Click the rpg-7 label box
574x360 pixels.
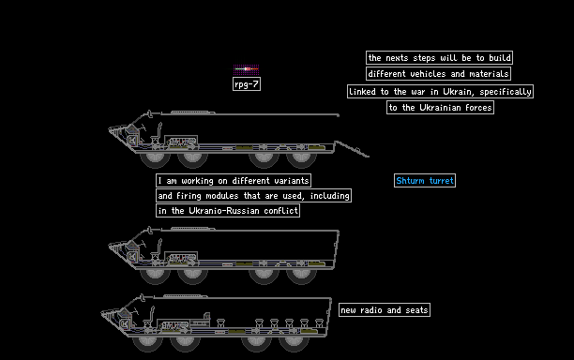pos(247,84)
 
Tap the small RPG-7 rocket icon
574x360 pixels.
pos(247,68)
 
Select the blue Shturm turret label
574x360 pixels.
pos(425,180)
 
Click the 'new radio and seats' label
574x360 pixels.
pos(385,310)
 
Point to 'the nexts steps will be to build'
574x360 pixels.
pos(439,58)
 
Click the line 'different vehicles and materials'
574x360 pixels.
pos(438,73)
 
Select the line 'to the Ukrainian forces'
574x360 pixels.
pos(440,107)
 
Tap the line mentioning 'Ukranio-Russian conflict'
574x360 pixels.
pos(228,210)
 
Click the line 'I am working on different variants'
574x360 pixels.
pos(234,180)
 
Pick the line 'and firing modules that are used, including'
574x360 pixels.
pos(253,195)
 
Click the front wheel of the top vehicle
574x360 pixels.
pos(155,160)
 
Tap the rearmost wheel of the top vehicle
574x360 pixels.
pos(301,160)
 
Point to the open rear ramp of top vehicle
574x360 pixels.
pos(352,149)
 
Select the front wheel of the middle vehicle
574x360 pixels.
pos(155,277)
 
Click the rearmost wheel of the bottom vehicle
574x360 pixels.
pos(294,344)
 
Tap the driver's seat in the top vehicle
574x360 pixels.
pos(157,133)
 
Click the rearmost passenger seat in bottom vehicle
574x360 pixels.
pos(319,322)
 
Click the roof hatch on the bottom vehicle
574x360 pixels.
pos(185,295)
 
